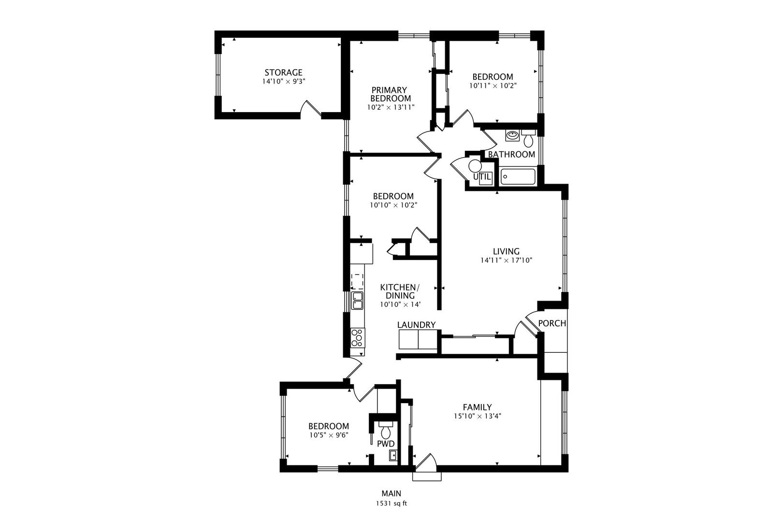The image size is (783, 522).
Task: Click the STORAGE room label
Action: click(283, 72)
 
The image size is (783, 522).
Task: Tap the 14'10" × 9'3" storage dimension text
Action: click(284, 82)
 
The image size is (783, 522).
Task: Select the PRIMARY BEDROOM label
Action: click(391, 94)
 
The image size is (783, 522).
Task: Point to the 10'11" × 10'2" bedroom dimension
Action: click(493, 86)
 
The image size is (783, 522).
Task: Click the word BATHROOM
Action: click(511, 155)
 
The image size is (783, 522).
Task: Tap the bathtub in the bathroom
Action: click(518, 176)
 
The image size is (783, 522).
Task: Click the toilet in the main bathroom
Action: click(528, 139)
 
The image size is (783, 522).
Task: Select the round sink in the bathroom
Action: click(512, 135)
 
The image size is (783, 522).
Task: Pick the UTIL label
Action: click(482, 177)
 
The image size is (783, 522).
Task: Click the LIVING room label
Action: click(506, 251)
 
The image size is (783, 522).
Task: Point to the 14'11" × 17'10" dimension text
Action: click(506, 261)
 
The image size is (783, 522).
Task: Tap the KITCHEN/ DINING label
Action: click(400, 291)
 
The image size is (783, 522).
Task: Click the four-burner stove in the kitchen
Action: click(358, 338)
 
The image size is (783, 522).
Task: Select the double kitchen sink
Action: click(357, 301)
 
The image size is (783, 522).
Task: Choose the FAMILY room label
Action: click(477, 407)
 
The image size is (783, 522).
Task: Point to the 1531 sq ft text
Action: click(391, 504)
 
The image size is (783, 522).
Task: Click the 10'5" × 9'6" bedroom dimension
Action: click(329, 435)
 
